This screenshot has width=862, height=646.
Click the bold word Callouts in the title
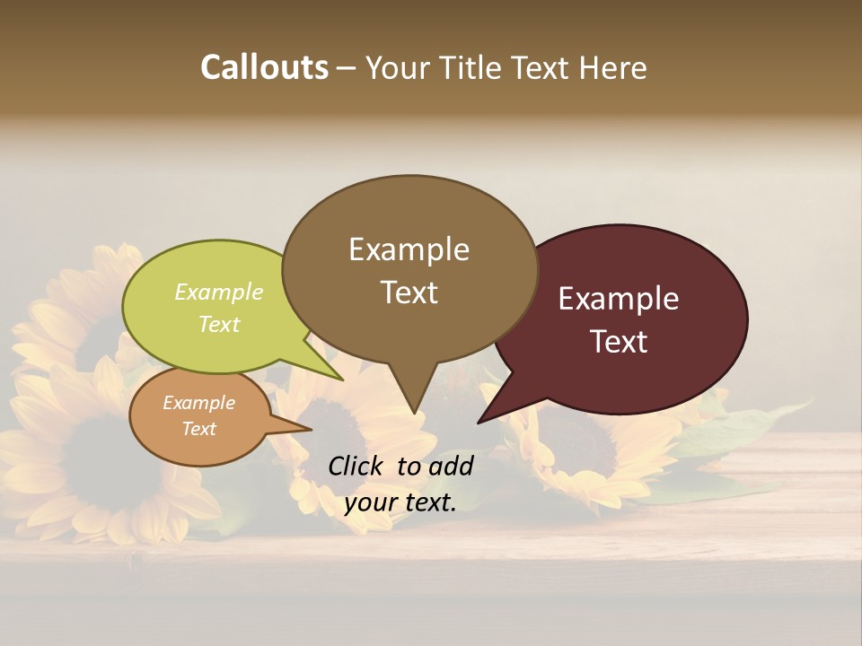264,67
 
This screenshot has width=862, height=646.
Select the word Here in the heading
613,67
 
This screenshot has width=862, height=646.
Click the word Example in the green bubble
219,292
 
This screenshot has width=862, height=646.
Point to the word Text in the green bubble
219,324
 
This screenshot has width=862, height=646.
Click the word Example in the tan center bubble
409,249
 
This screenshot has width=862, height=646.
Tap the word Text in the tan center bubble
409,292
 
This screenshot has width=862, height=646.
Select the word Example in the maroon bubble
619,299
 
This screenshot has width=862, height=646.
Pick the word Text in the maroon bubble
619,342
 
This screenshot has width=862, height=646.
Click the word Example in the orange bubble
198,403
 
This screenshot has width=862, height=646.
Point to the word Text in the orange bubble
198,429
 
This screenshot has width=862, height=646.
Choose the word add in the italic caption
451,466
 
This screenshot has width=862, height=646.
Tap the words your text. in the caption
400,502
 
